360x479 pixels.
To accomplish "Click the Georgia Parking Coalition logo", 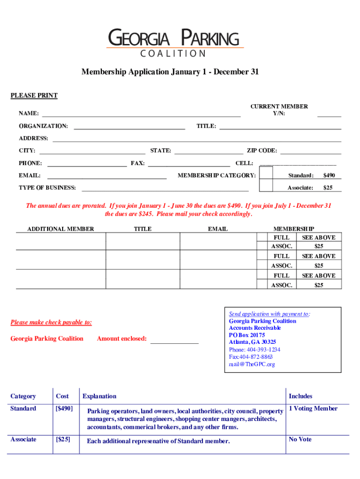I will (x=175, y=43).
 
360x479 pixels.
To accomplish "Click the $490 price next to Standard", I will (x=329, y=175).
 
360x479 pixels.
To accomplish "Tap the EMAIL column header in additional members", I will (x=218, y=229).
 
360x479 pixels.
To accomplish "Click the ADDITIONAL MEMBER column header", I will (x=61, y=229).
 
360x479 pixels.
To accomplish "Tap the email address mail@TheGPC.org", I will (x=252, y=364).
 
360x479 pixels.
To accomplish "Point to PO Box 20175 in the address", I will (x=247, y=335).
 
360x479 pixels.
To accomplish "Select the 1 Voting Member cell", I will (x=313, y=408).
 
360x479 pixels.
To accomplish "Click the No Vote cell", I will (x=300, y=439).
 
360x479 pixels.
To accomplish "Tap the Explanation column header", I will (x=99, y=396).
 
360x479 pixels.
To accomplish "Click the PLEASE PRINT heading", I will (x=34, y=95).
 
